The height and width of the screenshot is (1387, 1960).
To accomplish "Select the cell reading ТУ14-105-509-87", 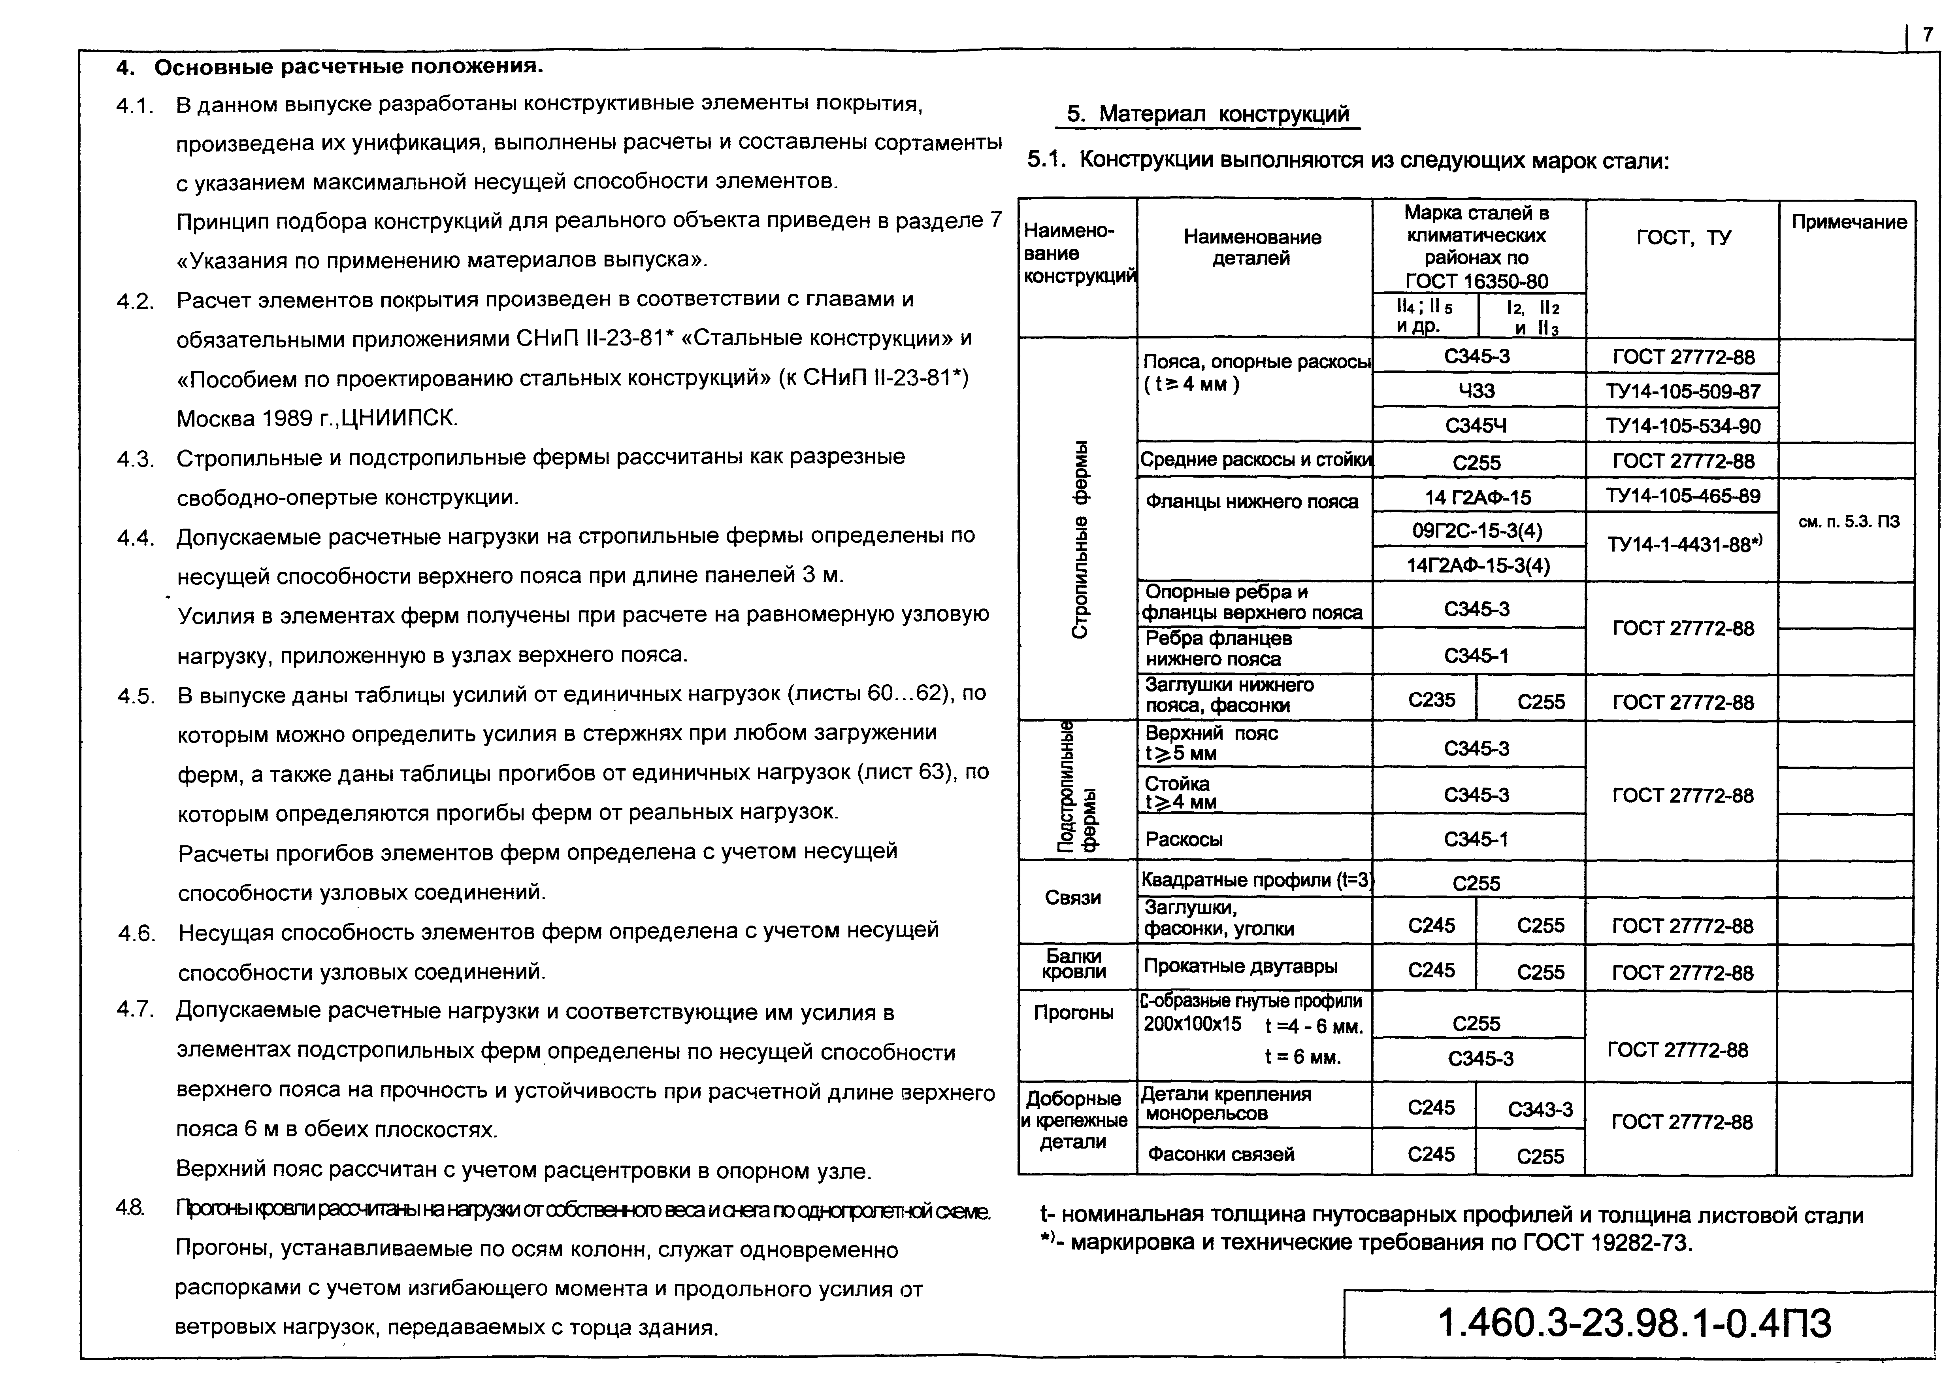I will tap(1683, 392).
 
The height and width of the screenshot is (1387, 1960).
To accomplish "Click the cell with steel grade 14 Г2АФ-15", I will tap(1478, 497).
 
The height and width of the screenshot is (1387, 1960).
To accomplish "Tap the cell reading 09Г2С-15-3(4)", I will tap(1478, 531).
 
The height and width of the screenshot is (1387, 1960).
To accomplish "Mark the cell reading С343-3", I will tap(1540, 1109).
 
